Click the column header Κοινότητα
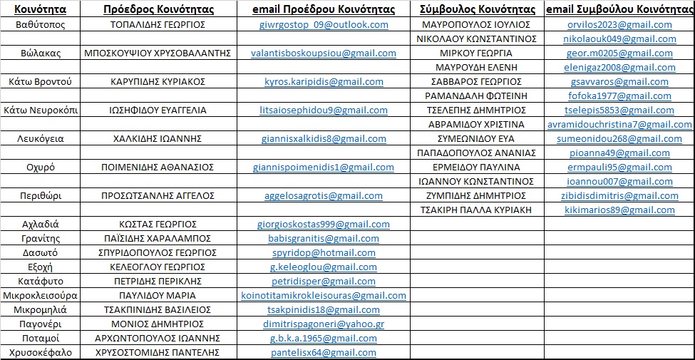(x=40, y=9)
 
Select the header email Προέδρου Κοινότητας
(x=324, y=9)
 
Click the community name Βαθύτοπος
(x=40, y=24)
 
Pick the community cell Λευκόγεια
(x=40, y=138)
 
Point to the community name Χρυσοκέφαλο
(x=40, y=352)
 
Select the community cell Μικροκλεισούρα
(x=40, y=295)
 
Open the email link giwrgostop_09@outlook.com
(x=324, y=24)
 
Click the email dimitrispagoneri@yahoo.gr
(x=324, y=324)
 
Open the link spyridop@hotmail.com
(x=324, y=252)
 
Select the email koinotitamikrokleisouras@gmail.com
(x=324, y=295)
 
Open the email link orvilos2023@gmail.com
(x=619, y=24)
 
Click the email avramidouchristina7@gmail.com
(x=619, y=124)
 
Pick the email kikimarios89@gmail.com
(x=619, y=210)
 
